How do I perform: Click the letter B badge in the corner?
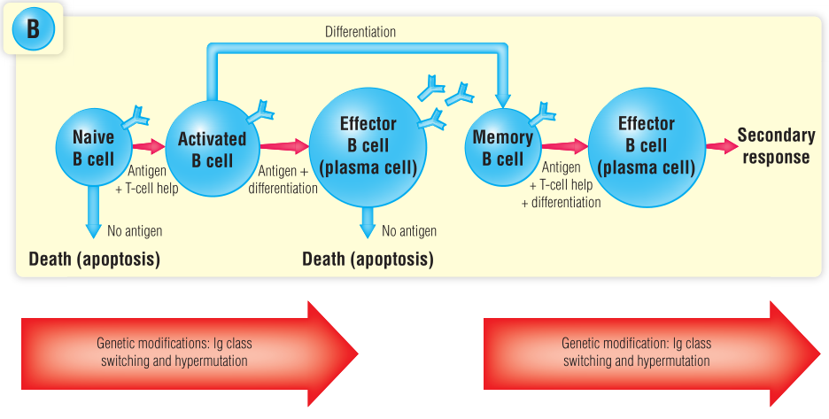pyautogui.click(x=33, y=29)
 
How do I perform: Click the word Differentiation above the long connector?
pyautogui.click(x=360, y=32)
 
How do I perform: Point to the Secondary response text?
pyautogui.click(x=775, y=146)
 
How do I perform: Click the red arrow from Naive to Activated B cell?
pyautogui.click(x=148, y=145)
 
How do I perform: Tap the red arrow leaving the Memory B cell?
pyautogui.click(x=565, y=145)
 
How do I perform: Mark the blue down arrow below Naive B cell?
pyautogui.click(x=93, y=217)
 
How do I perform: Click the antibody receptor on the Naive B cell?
pyautogui.click(x=137, y=115)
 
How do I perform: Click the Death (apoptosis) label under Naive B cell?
pyautogui.click(x=94, y=260)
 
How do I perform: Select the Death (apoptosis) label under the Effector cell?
pyautogui.click(x=368, y=260)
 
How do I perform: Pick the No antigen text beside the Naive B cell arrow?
pyautogui.click(x=135, y=231)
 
